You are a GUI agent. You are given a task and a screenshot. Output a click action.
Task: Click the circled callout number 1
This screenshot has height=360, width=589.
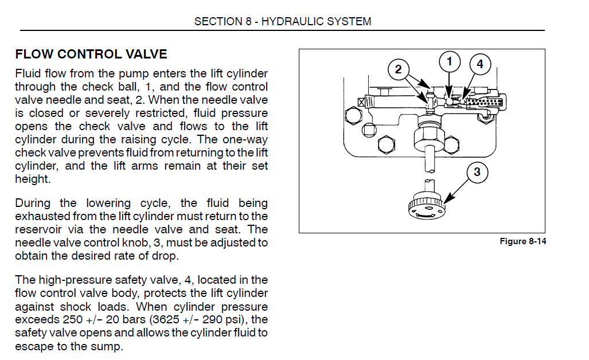click(x=450, y=61)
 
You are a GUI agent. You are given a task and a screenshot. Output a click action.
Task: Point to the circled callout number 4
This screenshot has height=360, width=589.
click(x=480, y=64)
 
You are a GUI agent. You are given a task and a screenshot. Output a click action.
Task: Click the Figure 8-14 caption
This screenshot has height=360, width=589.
click(x=522, y=241)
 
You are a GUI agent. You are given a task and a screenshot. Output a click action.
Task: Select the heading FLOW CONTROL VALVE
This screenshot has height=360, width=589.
click(x=91, y=54)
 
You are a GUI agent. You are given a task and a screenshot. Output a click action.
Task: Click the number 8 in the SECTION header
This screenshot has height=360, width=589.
click(x=248, y=22)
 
